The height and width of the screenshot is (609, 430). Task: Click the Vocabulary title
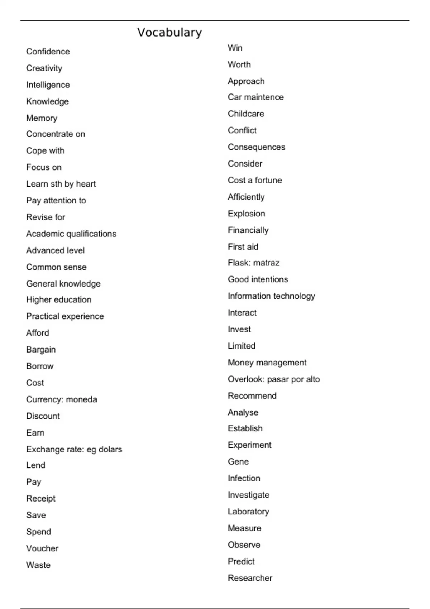tap(169, 33)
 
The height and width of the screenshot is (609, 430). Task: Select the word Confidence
tap(48, 52)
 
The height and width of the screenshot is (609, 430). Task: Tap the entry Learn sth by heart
tap(61, 184)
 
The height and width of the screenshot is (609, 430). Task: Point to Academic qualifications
tap(71, 234)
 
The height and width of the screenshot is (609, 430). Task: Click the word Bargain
tap(41, 350)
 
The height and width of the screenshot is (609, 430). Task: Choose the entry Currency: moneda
tap(62, 399)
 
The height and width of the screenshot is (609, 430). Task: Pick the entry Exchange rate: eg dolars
tap(74, 449)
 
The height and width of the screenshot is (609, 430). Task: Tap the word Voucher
tap(42, 548)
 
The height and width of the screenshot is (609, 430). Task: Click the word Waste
tap(38, 565)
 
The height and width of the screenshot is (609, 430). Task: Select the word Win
tap(235, 48)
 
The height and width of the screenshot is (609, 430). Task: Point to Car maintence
tap(256, 97)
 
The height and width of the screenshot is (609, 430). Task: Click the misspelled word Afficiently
tap(246, 197)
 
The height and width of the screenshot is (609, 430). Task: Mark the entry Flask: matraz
tap(254, 263)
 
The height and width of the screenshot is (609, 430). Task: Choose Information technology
tap(272, 296)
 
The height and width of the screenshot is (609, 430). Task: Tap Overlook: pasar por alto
tap(274, 379)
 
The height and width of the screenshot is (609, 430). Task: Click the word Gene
tap(238, 462)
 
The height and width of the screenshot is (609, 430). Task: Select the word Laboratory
tap(248, 512)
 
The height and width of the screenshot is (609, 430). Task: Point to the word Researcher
tap(250, 578)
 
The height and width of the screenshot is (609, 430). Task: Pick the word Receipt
tap(41, 499)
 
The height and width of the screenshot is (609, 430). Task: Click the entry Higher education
tap(59, 300)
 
